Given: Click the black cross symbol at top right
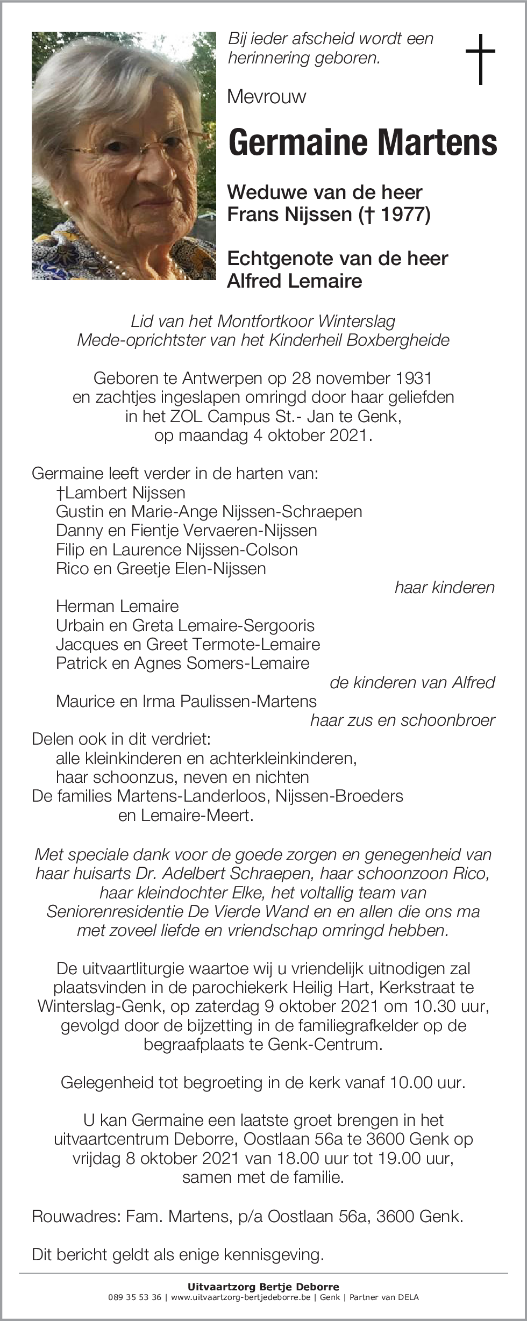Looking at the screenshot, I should [x=480, y=59].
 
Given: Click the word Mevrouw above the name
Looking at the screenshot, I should [x=266, y=97].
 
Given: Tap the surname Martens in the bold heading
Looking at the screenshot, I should [x=437, y=142].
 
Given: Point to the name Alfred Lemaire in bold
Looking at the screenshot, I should [x=294, y=281].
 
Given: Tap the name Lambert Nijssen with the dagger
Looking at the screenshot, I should [x=120, y=492].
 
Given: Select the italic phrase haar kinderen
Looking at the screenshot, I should [x=444, y=587].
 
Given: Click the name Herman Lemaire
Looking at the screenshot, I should [x=117, y=606].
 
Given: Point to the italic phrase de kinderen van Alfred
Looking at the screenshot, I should [x=412, y=682].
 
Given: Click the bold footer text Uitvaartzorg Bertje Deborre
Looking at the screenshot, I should [x=263, y=1287].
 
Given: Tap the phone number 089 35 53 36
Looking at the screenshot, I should [x=134, y=1297].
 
